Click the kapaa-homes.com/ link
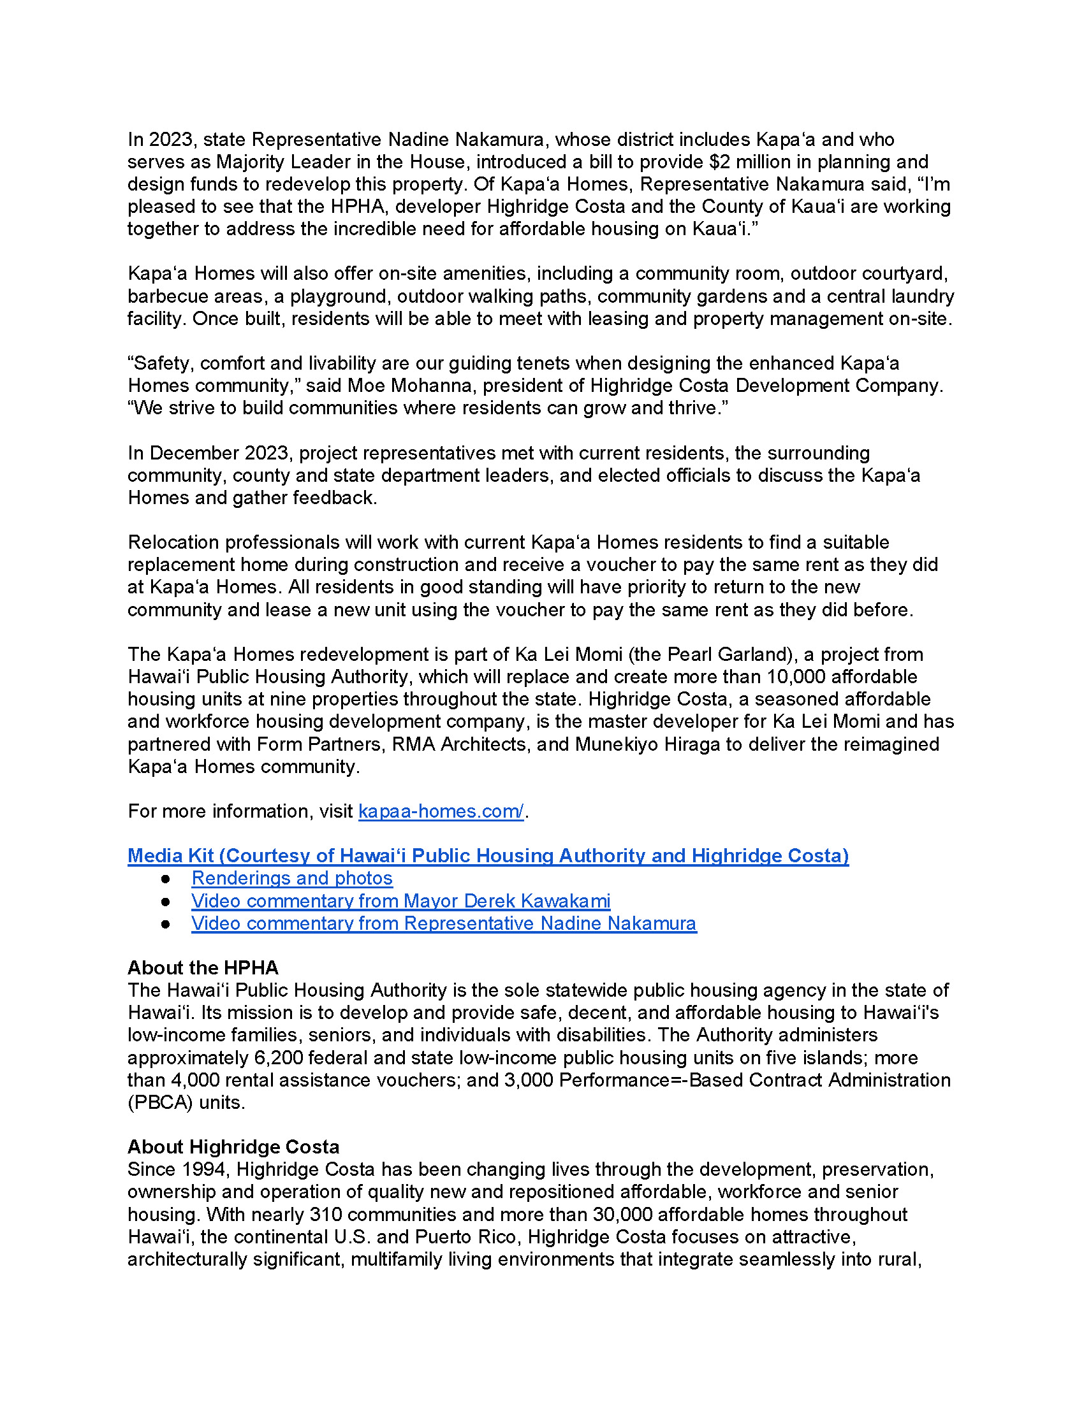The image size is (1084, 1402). coord(441,811)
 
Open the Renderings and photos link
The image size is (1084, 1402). coord(292,878)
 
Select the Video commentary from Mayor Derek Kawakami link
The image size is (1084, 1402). coord(400,901)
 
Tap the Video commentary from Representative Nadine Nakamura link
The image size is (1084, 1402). coord(444,924)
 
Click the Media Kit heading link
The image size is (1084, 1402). coord(488,856)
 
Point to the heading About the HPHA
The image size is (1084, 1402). coord(203,968)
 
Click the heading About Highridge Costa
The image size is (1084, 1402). coord(233,1147)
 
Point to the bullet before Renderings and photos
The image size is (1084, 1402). coord(166,879)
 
